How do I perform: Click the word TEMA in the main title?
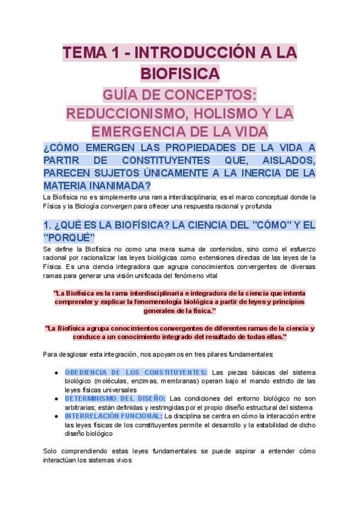click(85, 53)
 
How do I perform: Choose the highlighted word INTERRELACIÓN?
click(92, 415)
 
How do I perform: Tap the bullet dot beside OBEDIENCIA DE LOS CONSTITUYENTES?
click(56, 373)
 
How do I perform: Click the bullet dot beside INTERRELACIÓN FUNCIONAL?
click(56, 416)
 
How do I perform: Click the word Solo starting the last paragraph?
click(50, 451)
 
